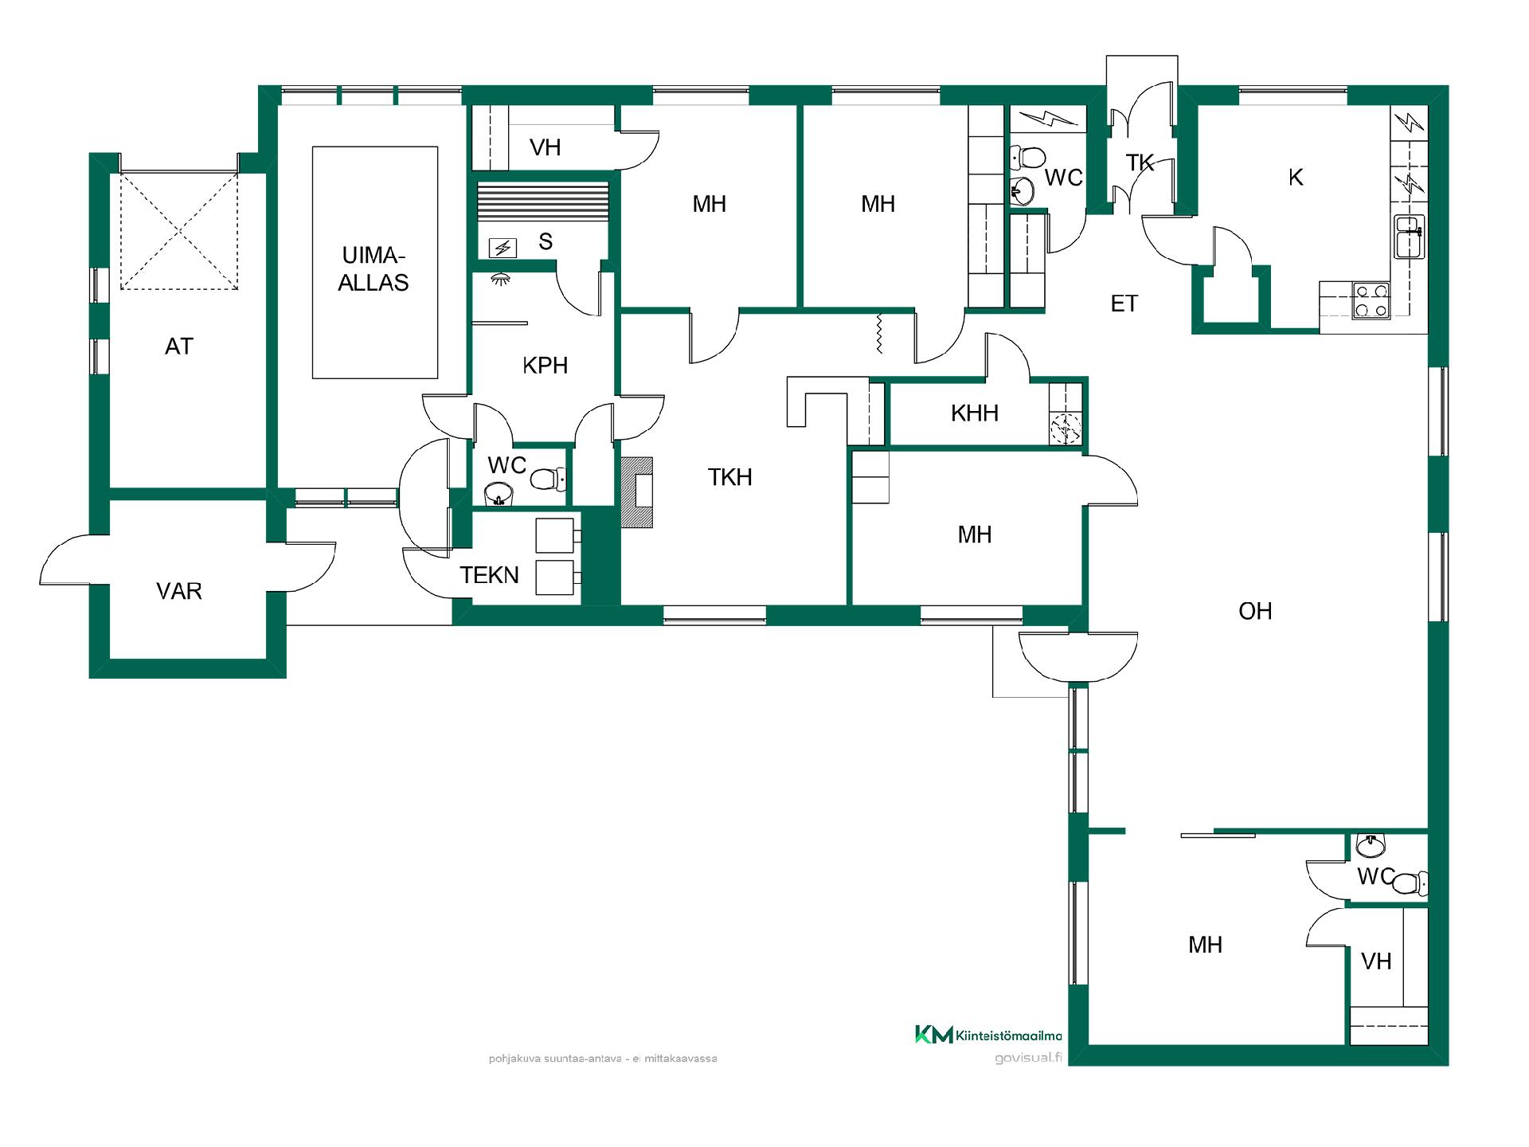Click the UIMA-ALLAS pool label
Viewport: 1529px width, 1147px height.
click(x=373, y=269)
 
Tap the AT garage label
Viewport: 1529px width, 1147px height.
click(x=179, y=346)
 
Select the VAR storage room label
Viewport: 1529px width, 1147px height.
click(x=179, y=591)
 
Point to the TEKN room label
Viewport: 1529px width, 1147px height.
click(x=489, y=575)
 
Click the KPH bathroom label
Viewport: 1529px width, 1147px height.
click(x=546, y=366)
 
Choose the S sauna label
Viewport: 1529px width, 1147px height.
click(x=546, y=242)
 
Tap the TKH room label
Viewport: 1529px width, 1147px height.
click(x=730, y=477)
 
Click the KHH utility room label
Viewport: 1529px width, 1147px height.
click(x=975, y=413)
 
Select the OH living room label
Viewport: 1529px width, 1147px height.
click(x=1255, y=611)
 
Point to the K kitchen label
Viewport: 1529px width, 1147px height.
click(x=1296, y=178)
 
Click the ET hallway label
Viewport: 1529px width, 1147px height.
click(x=1124, y=303)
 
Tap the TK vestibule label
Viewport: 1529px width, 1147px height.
click(x=1140, y=163)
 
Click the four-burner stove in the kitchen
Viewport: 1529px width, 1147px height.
click(x=1371, y=300)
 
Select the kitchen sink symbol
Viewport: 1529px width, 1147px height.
click(x=1408, y=237)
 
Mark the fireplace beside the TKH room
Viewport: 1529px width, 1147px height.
click(x=637, y=492)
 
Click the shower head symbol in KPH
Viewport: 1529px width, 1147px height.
click(x=501, y=279)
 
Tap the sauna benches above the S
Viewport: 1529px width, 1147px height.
click(x=542, y=202)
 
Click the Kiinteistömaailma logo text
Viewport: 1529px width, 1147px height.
click(x=1008, y=1035)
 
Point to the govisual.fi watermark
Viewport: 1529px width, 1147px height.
click(x=1028, y=1058)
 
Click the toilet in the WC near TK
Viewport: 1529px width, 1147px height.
click(x=1027, y=157)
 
